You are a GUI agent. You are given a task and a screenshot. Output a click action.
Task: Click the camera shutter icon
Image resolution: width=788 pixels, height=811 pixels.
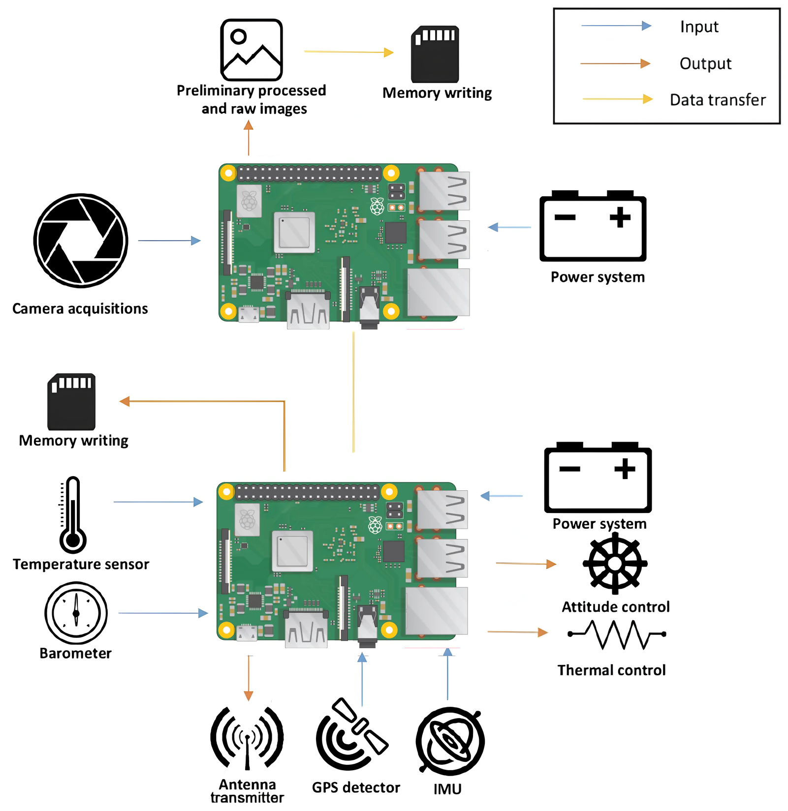(x=81, y=240)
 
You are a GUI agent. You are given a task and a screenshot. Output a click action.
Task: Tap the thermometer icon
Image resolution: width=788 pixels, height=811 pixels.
(x=72, y=515)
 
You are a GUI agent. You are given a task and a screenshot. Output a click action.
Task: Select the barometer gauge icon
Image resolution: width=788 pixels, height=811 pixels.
(x=76, y=613)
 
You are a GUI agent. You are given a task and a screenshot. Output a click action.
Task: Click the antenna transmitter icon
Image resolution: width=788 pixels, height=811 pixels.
(x=247, y=738)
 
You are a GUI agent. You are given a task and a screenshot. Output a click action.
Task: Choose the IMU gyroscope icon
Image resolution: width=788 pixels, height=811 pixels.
(x=450, y=741)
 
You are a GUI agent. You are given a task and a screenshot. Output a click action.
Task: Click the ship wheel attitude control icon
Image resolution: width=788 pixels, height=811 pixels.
(x=615, y=564)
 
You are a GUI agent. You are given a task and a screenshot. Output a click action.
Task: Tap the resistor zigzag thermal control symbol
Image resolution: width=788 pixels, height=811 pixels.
(x=617, y=634)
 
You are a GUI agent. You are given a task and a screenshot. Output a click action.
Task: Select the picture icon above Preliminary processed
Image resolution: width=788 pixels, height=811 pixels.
(x=252, y=50)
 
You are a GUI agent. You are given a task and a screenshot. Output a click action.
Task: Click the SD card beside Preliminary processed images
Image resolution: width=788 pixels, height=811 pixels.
(x=435, y=54)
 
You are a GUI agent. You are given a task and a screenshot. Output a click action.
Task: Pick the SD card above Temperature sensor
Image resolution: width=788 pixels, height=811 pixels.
(x=71, y=402)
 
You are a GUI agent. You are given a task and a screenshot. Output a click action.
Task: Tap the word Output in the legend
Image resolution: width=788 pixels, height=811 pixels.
(x=705, y=63)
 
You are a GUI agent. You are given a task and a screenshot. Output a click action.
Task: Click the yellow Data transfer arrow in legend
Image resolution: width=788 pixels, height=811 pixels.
(x=617, y=99)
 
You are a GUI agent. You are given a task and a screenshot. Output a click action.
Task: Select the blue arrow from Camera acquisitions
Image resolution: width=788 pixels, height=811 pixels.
(x=169, y=240)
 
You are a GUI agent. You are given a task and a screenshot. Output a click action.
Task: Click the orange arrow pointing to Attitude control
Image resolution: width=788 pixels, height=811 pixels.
(x=526, y=564)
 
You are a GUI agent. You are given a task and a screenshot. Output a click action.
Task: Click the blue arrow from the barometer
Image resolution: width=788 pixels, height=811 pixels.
(x=163, y=613)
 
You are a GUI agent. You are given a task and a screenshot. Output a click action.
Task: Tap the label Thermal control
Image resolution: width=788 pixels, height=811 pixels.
(x=611, y=670)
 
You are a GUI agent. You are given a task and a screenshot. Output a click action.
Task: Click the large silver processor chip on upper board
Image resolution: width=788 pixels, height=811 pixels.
(x=294, y=232)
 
